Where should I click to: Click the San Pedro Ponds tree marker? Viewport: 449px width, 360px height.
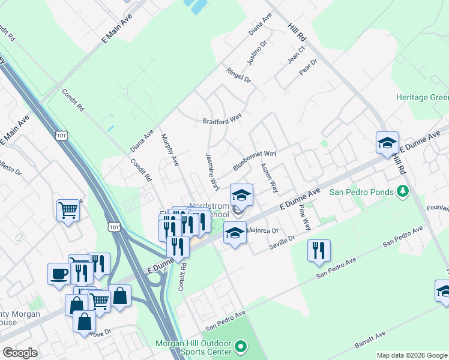pyautogui.click(x=403, y=192)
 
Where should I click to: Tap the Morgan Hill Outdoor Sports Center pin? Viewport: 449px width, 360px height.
pyautogui.click(x=241, y=346)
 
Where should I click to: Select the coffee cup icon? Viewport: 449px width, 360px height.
pyautogui.click(x=59, y=273)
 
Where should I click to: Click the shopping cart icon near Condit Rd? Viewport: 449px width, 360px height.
pyautogui.click(x=68, y=210)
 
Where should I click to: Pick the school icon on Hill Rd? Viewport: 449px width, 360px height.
pyautogui.click(x=387, y=142)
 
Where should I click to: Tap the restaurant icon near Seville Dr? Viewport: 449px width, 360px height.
pyautogui.click(x=319, y=250)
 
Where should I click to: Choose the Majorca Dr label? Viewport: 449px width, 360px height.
pyautogui.click(x=264, y=230)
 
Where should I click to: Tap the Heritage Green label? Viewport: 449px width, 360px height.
pyautogui.click(x=422, y=98)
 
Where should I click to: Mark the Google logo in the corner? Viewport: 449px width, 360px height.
pyautogui.click(x=20, y=353)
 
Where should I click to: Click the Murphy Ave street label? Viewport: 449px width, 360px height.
pyautogui.click(x=170, y=151)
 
